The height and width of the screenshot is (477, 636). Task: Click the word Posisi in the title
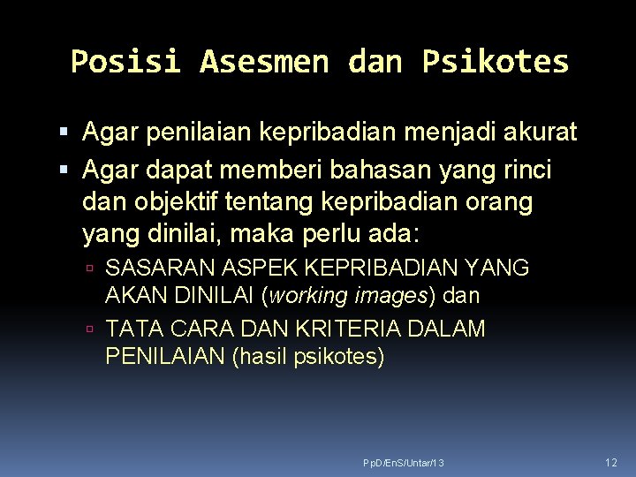pyautogui.click(x=125, y=62)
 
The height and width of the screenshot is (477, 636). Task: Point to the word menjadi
pyautogui.click(x=447, y=133)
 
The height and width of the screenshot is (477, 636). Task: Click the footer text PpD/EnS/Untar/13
pyautogui.click(x=404, y=464)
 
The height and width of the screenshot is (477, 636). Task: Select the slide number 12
pyautogui.click(x=611, y=463)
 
